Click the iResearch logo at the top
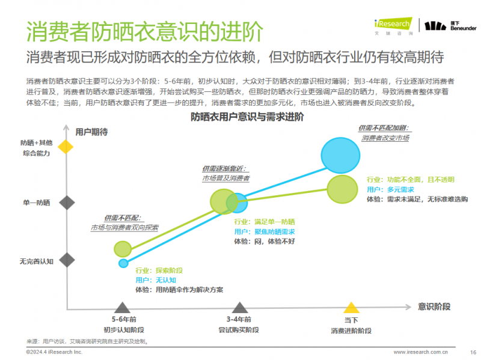pos(392,24)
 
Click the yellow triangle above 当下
pos(351,307)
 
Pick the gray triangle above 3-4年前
pos(239,307)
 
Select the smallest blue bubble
pos(123,263)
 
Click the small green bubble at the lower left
pos(123,248)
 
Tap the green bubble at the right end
pos(345,188)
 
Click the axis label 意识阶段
pos(434,307)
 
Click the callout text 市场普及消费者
pos(225,178)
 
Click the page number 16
pos(473,352)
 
